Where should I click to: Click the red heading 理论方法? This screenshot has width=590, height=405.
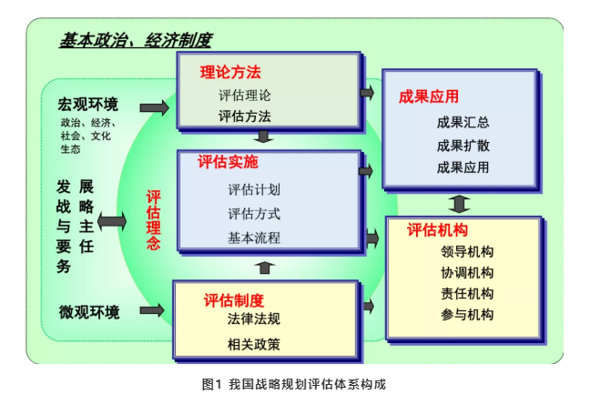pyautogui.click(x=230, y=72)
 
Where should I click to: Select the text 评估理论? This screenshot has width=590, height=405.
pyautogui.click(x=244, y=95)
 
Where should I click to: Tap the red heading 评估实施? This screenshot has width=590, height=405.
pyautogui.click(x=228, y=164)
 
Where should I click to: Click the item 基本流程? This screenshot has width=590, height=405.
pyautogui.click(x=253, y=238)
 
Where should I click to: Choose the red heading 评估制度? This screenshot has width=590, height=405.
pyautogui.click(x=234, y=300)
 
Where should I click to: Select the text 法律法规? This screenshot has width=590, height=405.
pyautogui.click(x=253, y=319)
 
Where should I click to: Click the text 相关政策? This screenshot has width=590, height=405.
pyautogui.click(x=253, y=344)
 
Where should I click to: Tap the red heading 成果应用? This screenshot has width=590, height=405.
pyautogui.click(x=429, y=96)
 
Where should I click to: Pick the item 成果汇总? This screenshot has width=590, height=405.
pyautogui.click(x=463, y=122)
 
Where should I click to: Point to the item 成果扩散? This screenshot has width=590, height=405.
pyautogui.click(x=463, y=145)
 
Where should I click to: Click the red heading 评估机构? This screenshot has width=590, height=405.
pyautogui.click(x=437, y=230)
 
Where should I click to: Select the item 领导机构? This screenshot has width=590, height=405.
pyautogui.click(x=466, y=252)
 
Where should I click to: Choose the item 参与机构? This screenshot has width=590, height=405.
pyautogui.click(x=466, y=315)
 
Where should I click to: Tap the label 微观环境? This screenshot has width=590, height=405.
pyautogui.click(x=89, y=312)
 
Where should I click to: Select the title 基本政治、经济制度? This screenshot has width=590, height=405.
pyautogui.click(x=136, y=40)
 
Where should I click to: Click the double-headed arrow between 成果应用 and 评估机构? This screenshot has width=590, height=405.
pyautogui.click(x=460, y=203)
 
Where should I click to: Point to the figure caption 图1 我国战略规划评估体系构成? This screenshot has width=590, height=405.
pyautogui.click(x=294, y=384)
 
